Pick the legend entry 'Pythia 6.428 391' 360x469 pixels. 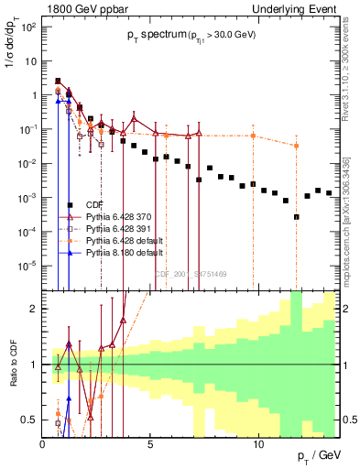coord(115,228)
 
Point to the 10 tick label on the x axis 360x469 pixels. coord(258,444)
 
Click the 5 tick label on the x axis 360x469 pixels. coord(151,444)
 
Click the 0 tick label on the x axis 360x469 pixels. coord(43,444)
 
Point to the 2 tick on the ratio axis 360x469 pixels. coord(35,309)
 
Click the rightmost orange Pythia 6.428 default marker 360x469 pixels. coord(296,146)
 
